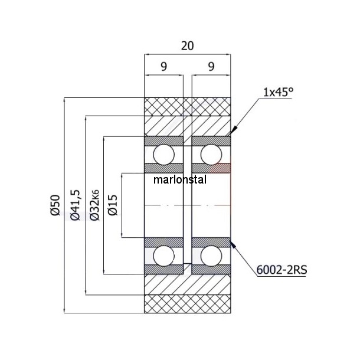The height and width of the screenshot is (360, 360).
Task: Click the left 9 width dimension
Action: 163,66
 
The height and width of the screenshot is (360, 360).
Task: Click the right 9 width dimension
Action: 211,66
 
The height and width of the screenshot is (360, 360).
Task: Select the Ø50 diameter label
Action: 55,205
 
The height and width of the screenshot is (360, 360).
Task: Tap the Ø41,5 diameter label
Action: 76,205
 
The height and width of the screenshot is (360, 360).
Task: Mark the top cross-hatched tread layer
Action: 188,106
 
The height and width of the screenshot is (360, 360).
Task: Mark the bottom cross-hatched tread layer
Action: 188,303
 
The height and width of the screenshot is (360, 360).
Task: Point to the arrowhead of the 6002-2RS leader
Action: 232,241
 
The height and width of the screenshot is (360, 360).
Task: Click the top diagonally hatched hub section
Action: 188,126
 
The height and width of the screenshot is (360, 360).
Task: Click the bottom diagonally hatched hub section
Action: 188,284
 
